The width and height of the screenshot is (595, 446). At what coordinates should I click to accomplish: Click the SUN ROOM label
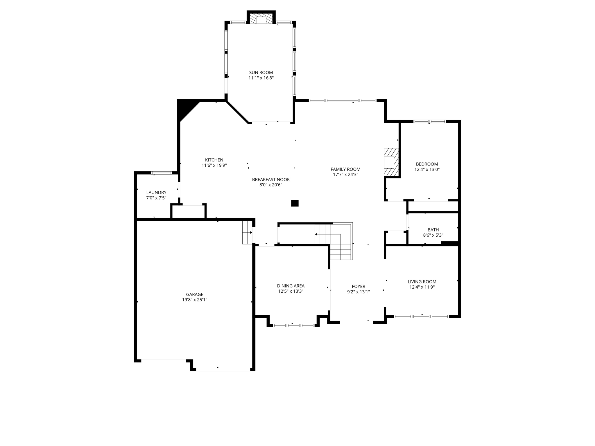[261, 73]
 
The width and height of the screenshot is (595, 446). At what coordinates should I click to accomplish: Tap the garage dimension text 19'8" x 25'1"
[194, 300]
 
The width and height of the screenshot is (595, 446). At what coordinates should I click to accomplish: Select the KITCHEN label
[214, 160]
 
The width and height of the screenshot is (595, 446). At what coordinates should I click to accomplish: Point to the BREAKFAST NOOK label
[271, 179]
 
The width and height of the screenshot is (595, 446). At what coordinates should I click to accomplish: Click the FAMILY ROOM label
[345, 169]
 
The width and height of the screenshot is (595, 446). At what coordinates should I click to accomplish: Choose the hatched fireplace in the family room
[391, 162]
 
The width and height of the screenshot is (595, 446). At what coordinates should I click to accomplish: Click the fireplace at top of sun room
[261, 19]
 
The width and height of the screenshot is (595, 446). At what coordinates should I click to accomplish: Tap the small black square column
[295, 203]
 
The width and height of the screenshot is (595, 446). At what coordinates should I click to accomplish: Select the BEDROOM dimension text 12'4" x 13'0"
[427, 170]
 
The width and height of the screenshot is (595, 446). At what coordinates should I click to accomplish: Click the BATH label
[433, 230]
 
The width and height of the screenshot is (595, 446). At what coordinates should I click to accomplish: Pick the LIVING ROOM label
[422, 282]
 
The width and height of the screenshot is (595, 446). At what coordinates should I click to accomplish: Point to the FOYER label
[358, 286]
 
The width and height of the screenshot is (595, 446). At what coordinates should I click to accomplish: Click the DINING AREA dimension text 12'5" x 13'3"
[291, 291]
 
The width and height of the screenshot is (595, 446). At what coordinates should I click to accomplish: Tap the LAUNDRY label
[156, 193]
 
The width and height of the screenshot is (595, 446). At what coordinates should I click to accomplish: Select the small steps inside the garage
[247, 232]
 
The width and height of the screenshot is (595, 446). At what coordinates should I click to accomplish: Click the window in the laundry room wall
[162, 173]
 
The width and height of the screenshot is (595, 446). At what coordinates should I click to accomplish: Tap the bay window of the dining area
[293, 325]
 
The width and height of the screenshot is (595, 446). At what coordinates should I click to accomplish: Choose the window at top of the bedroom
[429, 121]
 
